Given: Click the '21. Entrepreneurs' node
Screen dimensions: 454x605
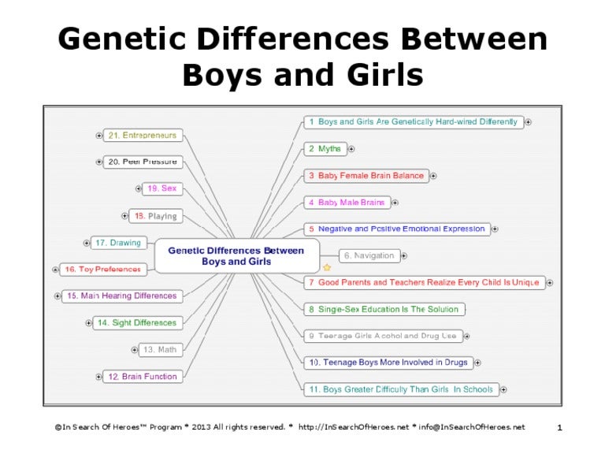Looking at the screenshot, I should [x=143, y=136].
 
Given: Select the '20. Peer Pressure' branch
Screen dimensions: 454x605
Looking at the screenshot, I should [x=142, y=162].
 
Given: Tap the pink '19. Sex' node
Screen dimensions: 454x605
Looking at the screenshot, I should [x=162, y=189].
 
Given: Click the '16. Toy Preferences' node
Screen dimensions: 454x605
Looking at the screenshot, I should [x=102, y=270].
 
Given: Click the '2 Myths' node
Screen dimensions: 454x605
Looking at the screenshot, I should [x=325, y=149].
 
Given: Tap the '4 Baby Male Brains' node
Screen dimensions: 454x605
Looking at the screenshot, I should [x=347, y=203].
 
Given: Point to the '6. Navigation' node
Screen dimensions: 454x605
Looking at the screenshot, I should [x=369, y=256].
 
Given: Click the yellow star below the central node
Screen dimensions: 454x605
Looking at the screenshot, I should [x=327, y=268].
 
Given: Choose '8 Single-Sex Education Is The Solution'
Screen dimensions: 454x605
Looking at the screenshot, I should [x=383, y=310].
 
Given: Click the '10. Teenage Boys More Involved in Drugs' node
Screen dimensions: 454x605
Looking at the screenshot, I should [x=388, y=363].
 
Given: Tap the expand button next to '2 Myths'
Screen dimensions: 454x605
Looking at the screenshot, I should [x=351, y=149].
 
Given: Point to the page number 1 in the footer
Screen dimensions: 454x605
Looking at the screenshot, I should [x=559, y=428].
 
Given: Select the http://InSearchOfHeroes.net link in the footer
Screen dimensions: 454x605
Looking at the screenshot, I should [x=354, y=427].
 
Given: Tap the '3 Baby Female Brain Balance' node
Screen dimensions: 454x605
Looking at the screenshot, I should [x=366, y=176].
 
